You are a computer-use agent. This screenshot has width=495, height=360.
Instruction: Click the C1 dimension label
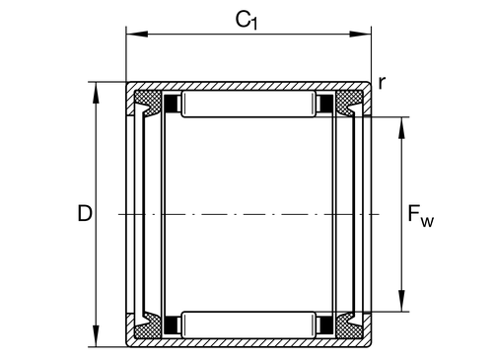[247, 20]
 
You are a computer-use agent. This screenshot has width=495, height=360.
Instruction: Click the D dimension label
[85, 213]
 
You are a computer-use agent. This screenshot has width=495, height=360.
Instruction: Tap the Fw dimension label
[420, 215]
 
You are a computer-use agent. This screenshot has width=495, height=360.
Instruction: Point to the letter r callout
[382, 83]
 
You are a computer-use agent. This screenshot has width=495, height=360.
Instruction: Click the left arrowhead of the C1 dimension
[137, 34]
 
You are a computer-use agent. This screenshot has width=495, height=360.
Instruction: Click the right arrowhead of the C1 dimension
[360, 34]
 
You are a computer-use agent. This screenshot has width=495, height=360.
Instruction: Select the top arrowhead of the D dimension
[96, 93]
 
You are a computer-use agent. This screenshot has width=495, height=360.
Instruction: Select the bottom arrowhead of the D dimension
[96, 335]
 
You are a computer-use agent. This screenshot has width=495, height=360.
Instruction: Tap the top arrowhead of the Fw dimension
[401, 128]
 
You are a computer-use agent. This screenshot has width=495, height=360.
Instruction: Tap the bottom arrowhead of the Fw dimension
[401, 301]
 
